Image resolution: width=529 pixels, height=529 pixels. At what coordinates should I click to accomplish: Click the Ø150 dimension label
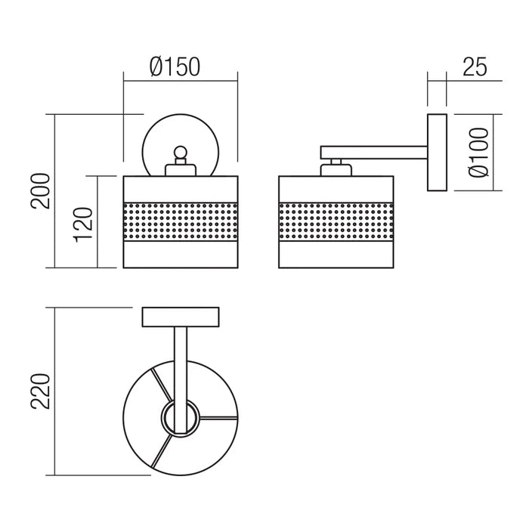175,67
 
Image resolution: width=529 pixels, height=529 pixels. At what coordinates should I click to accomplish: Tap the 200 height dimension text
41,191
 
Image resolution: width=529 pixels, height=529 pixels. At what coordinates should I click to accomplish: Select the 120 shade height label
83,224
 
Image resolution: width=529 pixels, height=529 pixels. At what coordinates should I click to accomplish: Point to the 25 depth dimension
475,67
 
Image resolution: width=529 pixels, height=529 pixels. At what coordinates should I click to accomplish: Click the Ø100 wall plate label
478,152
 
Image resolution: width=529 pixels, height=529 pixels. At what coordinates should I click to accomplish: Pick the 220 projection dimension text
41,391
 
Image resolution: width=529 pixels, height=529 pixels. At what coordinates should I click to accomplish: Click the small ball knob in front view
180,152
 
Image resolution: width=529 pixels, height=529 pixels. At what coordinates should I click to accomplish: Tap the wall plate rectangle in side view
437,153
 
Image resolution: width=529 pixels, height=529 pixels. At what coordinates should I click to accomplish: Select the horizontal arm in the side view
374,153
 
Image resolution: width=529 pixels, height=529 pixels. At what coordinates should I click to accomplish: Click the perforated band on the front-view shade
181,221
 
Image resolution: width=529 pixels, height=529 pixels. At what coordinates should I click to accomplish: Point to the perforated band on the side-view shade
336,221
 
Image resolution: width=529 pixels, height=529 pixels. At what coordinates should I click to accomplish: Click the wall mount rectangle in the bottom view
181,317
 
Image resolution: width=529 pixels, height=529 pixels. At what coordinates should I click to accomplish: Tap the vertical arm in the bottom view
181,380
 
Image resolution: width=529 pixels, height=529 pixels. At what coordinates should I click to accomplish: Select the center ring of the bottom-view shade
181,418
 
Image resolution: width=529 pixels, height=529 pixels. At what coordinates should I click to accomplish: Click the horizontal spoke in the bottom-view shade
218,418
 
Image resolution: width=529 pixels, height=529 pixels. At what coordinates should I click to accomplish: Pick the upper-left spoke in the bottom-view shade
161,385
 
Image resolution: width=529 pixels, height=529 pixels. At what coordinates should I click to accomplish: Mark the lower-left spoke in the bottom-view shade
161,450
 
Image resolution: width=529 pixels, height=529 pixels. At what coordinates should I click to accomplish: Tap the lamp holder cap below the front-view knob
181,170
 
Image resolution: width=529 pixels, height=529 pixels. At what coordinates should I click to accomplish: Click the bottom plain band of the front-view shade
181,255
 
